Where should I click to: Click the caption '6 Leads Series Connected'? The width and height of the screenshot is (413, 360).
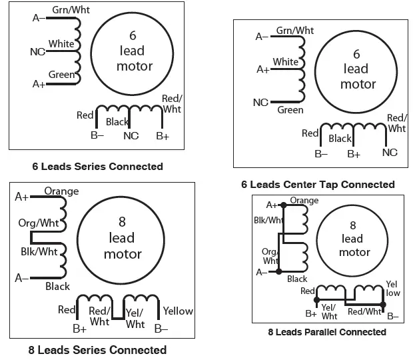coord(97,166)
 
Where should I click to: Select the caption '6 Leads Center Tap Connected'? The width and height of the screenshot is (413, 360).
coord(317,184)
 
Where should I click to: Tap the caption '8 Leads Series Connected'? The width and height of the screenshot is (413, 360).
coord(97,349)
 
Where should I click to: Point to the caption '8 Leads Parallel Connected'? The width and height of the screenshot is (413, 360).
coord(326,331)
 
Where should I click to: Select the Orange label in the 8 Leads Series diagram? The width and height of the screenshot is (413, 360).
coord(61,191)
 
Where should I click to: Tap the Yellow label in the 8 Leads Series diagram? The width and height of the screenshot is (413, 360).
coord(178,311)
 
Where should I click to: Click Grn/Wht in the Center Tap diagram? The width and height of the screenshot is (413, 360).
coord(294,31)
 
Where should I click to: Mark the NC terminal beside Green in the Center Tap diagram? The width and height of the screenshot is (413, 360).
coord(260,102)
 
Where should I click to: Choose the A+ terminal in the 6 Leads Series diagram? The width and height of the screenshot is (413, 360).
coord(39,84)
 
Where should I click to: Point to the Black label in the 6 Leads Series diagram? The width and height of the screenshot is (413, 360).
coord(117,122)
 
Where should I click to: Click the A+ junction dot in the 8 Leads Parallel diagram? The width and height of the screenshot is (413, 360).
coord(284,205)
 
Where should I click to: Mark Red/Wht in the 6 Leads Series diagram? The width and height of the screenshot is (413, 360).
coord(171,104)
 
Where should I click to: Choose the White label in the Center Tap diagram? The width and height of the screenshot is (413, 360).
coord(285,62)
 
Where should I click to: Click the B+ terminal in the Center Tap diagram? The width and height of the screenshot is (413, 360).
coord(354,153)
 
